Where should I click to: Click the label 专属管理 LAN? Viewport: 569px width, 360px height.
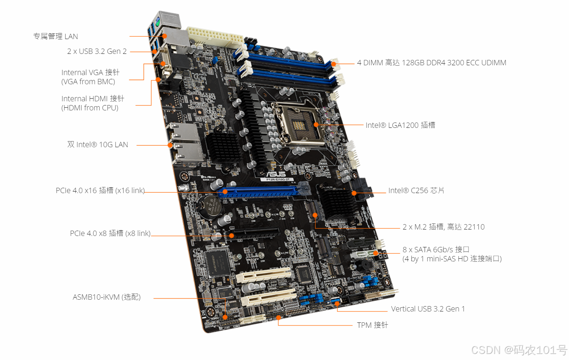point(56,36)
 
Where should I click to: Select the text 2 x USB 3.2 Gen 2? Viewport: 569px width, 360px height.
point(97,51)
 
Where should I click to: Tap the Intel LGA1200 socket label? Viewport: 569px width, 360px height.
point(400,125)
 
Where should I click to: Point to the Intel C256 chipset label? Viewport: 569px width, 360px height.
point(416,190)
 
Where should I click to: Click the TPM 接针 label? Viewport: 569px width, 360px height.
point(372,325)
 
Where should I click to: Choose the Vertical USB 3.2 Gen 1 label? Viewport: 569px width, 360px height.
point(428,309)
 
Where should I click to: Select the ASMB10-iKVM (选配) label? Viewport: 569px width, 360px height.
point(107,297)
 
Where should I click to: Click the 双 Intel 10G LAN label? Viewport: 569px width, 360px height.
point(97,145)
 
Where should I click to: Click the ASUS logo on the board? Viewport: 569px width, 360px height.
point(276,174)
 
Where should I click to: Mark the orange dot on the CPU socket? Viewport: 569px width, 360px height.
point(316,124)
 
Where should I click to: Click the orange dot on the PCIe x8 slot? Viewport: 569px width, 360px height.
point(231,236)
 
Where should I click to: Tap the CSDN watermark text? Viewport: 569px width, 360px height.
point(519,350)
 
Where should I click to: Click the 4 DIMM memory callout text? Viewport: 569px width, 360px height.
point(431,63)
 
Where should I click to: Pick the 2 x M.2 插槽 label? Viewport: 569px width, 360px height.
point(444,227)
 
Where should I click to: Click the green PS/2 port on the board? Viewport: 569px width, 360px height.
point(157,22)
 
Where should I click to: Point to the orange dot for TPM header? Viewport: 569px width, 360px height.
point(278,318)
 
